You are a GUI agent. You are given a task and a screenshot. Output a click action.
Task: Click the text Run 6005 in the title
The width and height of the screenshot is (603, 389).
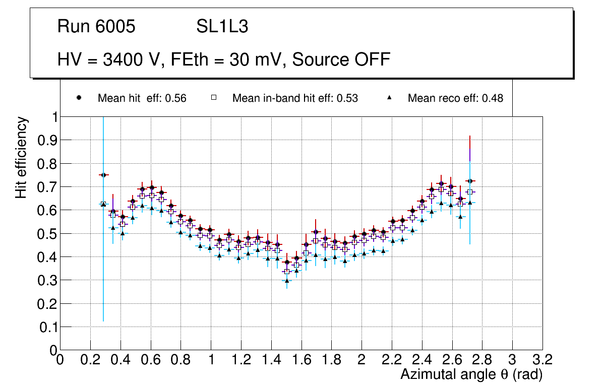[96, 27]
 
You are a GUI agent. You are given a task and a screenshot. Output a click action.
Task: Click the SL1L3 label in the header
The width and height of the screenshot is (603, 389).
[222, 27]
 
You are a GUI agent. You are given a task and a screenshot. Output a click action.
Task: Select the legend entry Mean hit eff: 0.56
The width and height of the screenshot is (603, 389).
[142, 98]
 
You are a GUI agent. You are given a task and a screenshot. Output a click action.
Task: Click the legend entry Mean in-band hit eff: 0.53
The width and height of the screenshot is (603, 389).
[295, 98]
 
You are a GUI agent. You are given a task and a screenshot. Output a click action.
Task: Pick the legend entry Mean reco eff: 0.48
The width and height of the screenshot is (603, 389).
[455, 98]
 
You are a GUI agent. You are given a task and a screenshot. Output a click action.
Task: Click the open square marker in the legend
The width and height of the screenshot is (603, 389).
[213, 98]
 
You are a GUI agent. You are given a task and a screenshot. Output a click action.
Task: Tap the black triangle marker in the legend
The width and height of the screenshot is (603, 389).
[390, 98]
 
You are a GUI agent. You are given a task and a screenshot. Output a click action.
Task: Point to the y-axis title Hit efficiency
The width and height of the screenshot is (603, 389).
[21, 157]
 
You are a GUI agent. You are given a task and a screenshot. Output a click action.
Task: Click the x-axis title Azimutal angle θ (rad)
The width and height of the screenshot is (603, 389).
[471, 374]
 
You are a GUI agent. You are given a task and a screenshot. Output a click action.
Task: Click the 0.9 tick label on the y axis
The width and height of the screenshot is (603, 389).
[47, 140]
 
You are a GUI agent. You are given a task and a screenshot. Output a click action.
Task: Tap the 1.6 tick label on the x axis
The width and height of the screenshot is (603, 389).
[301, 360]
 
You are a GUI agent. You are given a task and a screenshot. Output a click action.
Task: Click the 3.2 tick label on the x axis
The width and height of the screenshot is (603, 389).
[542, 360]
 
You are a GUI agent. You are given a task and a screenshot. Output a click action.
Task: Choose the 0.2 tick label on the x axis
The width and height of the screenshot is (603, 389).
[90, 360]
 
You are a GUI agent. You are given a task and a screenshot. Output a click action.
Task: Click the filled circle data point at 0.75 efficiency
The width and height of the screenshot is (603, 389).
[103, 175]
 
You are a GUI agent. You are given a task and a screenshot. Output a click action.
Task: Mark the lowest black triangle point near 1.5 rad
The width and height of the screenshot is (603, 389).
[287, 281]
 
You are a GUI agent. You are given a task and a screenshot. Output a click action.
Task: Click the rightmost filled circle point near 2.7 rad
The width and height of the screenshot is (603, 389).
[470, 181]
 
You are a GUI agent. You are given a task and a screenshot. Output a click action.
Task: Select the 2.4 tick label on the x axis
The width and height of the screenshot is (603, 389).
[421, 360]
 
